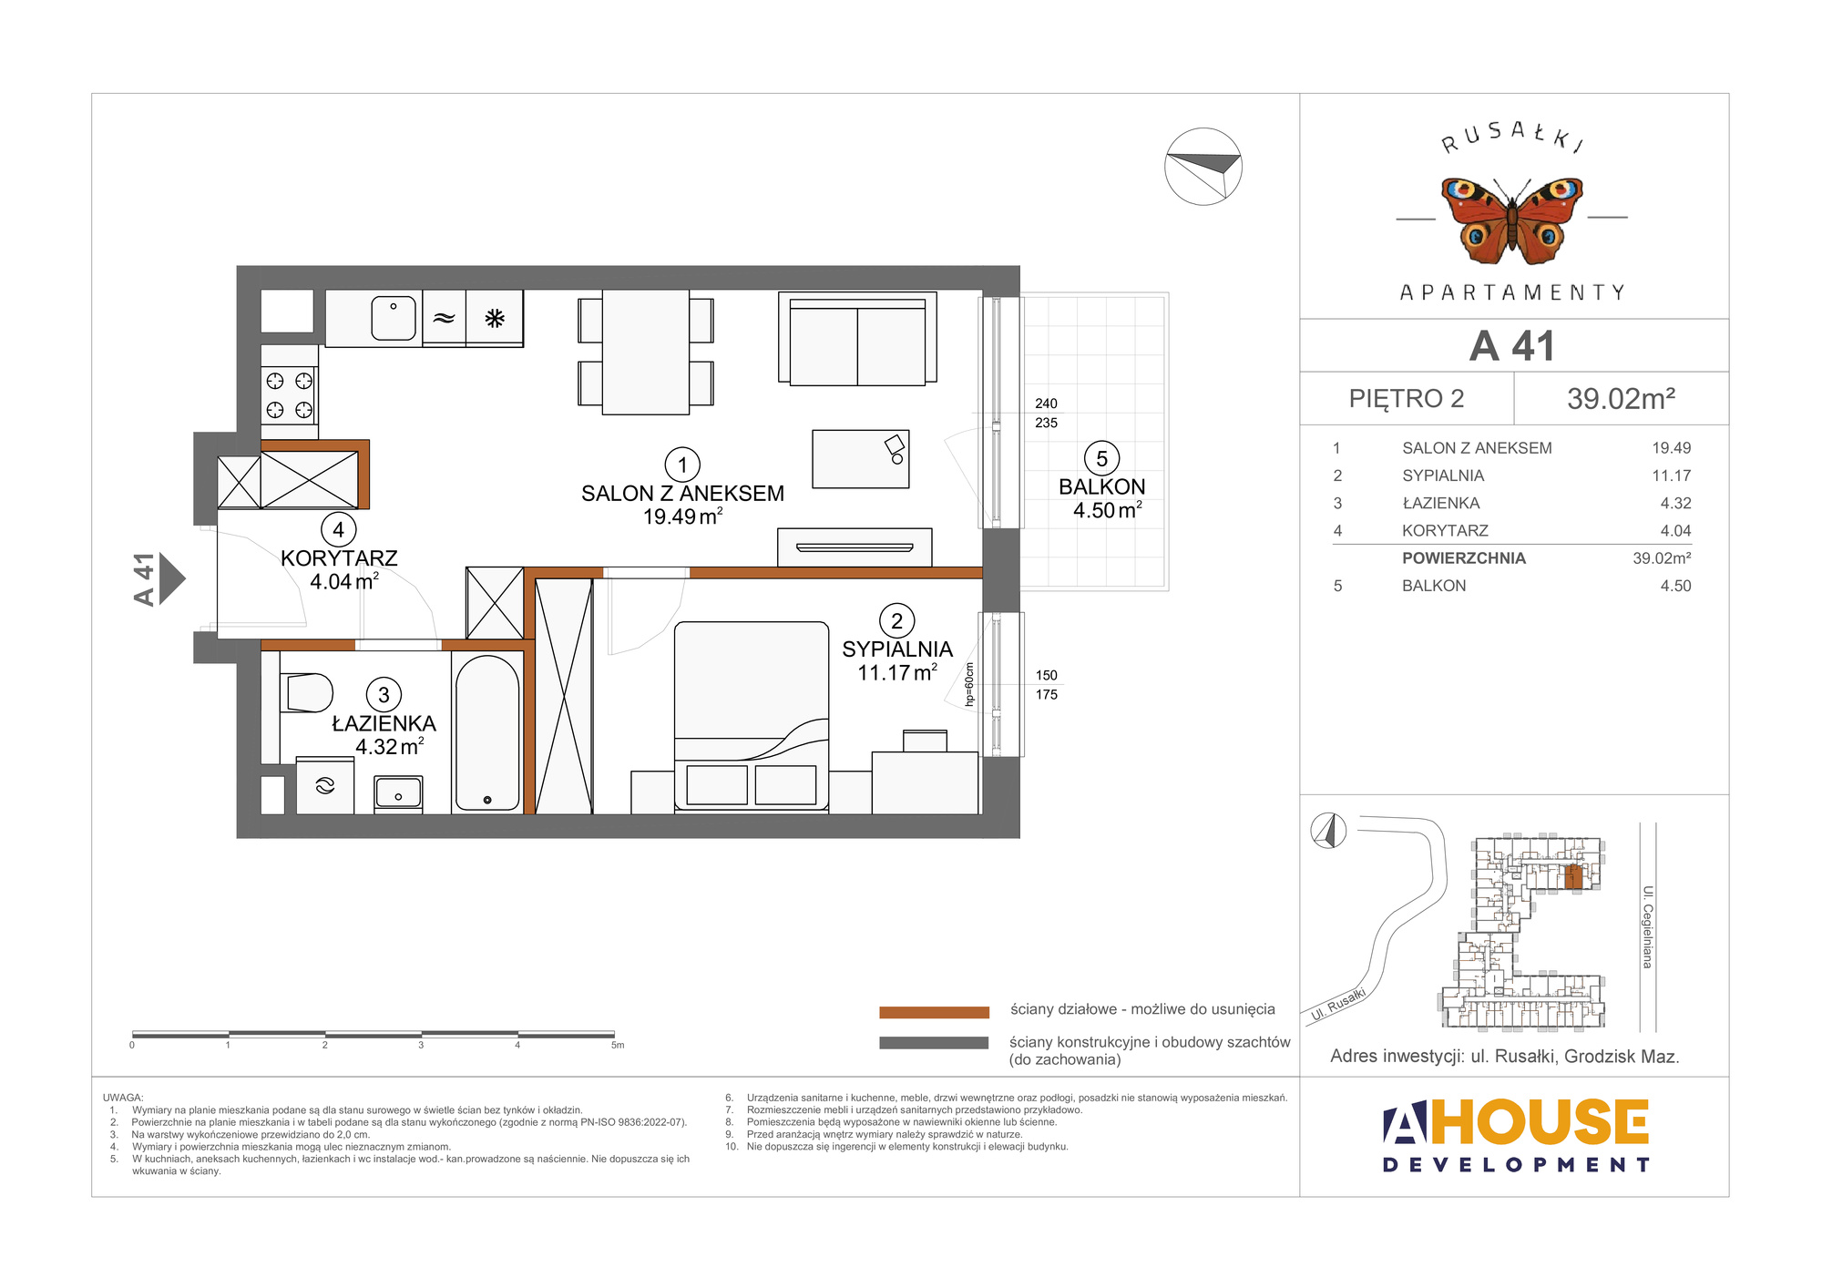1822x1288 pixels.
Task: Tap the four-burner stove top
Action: (x=290, y=395)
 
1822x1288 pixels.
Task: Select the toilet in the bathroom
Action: (x=307, y=692)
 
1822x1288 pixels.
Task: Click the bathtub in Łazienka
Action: (x=487, y=733)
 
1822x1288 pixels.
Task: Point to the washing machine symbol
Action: (x=325, y=785)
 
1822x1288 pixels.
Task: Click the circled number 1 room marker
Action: (x=682, y=465)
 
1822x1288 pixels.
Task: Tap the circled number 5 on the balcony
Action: (x=1101, y=458)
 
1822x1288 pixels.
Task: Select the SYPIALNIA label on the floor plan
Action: (x=897, y=649)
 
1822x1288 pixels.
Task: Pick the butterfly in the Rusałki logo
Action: (x=1512, y=220)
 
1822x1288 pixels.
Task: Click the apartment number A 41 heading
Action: (x=1512, y=346)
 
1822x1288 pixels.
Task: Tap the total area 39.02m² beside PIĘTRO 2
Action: (x=1622, y=399)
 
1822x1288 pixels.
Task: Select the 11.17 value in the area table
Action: (x=1672, y=475)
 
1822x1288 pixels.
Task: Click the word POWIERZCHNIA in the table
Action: (x=1464, y=558)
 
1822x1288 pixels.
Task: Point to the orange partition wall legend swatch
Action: (x=934, y=1012)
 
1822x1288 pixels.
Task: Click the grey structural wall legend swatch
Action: (x=934, y=1043)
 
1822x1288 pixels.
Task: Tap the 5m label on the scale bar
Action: (x=618, y=1046)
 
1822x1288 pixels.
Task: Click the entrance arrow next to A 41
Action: (x=172, y=578)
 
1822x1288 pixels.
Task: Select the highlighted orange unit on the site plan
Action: (x=1573, y=877)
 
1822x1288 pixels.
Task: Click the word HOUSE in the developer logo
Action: (x=1540, y=1122)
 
